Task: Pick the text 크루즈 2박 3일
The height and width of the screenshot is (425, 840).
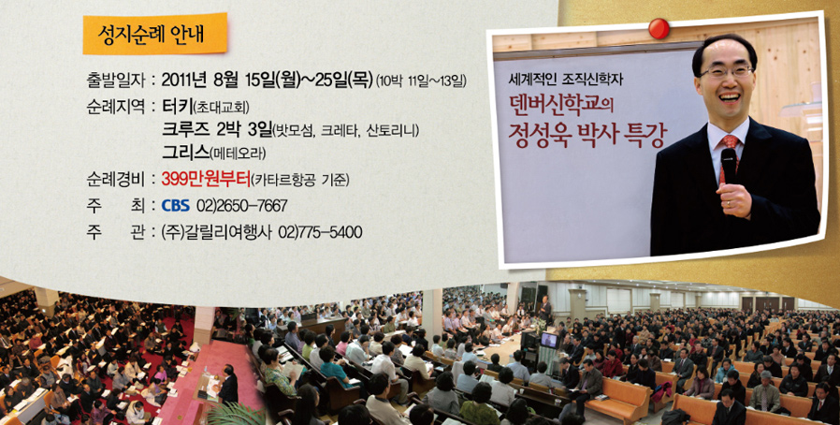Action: coord(217,129)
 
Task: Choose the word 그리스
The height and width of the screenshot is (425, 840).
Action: coord(185,152)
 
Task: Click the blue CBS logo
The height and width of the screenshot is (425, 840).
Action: coord(175,206)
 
